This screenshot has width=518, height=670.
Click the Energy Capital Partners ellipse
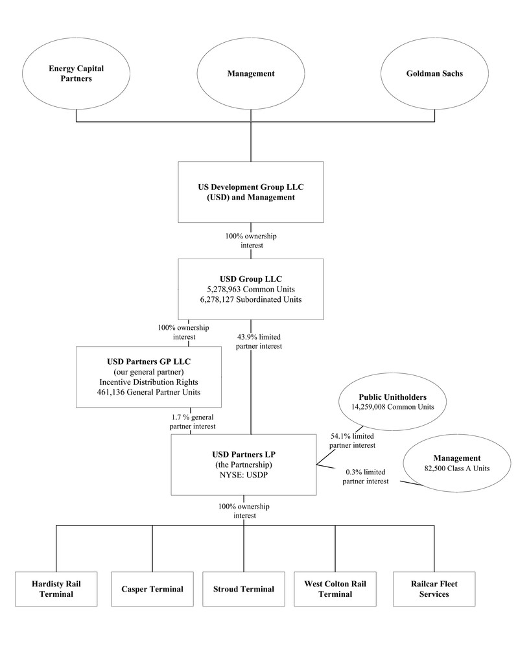click(76, 73)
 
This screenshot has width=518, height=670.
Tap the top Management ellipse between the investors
click(251, 73)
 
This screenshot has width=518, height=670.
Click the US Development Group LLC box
click(250, 192)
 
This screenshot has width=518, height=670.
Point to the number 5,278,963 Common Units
click(250, 289)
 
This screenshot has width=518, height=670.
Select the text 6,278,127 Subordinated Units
click(250, 299)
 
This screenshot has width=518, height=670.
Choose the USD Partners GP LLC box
click(148, 376)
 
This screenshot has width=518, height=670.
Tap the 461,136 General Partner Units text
click(148, 392)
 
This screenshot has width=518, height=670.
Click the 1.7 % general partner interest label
click(193, 421)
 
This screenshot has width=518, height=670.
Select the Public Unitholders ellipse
click(393, 402)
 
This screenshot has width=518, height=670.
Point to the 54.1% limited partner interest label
click(353, 441)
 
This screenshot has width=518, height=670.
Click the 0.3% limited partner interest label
click(366, 476)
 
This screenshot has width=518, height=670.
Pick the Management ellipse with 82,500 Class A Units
click(456, 463)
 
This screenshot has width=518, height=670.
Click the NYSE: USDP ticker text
click(244, 474)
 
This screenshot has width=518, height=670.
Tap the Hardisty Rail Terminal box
click(56, 588)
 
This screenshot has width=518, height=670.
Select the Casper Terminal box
click(152, 588)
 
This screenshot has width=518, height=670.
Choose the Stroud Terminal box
click(244, 588)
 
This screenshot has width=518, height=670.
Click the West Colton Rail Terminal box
click(335, 588)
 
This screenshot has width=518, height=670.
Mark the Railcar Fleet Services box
click(434, 588)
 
